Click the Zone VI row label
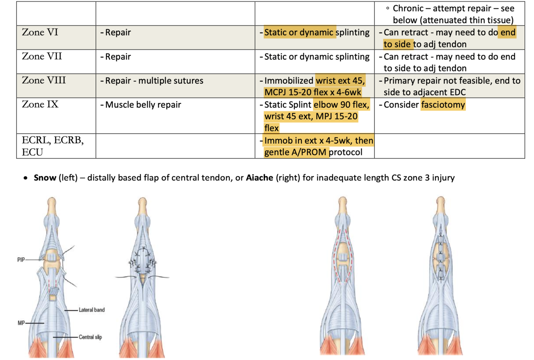click(x=40, y=32)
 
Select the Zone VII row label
click(x=42, y=56)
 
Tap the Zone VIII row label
click(x=44, y=80)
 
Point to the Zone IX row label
click(x=40, y=105)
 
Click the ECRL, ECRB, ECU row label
click(x=52, y=146)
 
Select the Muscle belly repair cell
click(x=143, y=105)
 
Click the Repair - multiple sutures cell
click(x=154, y=81)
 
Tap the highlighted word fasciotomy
click(x=443, y=105)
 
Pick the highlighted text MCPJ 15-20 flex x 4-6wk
click(x=313, y=93)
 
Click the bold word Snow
click(x=45, y=177)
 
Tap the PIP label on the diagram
click(x=21, y=260)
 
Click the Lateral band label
click(x=92, y=310)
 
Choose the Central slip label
click(x=90, y=337)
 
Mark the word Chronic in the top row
click(x=408, y=8)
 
